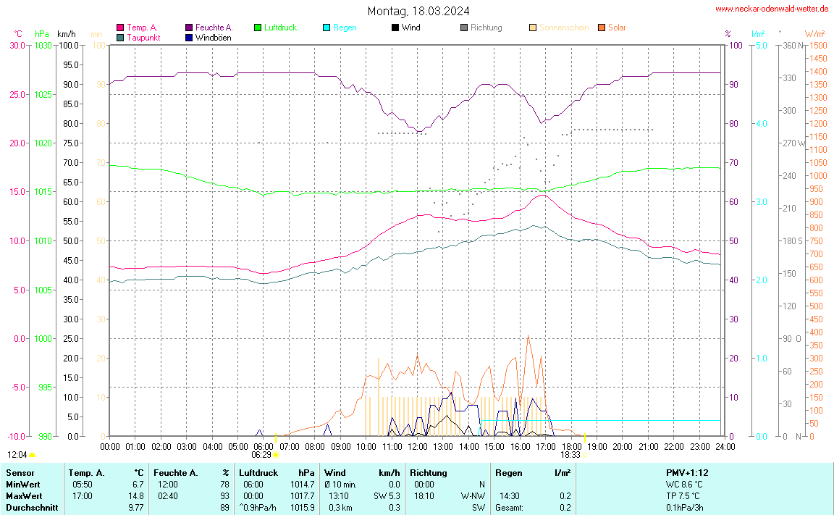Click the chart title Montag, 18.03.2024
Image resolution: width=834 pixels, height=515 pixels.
point(418,11)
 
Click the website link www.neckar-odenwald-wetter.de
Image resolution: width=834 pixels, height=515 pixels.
point(772,9)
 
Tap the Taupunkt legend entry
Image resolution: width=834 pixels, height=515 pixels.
point(143,37)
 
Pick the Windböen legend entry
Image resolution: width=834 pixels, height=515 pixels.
point(213,37)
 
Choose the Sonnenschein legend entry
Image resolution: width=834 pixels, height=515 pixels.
point(563,28)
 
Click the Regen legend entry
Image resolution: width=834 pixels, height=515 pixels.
point(345,28)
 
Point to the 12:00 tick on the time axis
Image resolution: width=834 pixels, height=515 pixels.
point(417,447)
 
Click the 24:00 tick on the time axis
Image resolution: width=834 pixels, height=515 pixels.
point(725,447)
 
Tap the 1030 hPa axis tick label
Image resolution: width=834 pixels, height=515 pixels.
point(43,45)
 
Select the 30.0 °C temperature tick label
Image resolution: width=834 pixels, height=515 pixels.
point(16,45)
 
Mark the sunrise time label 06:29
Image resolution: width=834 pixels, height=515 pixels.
point(261,455)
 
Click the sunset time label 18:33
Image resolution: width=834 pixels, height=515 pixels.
point(570,455)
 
